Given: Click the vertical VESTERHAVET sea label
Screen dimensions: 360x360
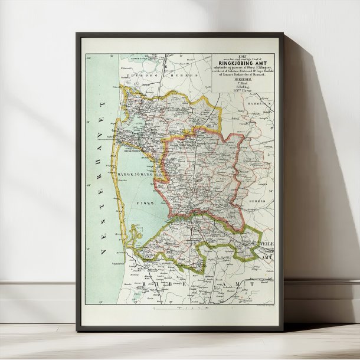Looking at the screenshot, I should pyautogui.click(x=100, y=177).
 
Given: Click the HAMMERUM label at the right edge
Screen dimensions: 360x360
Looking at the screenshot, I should pyautogui.click(x=264, y=103).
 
